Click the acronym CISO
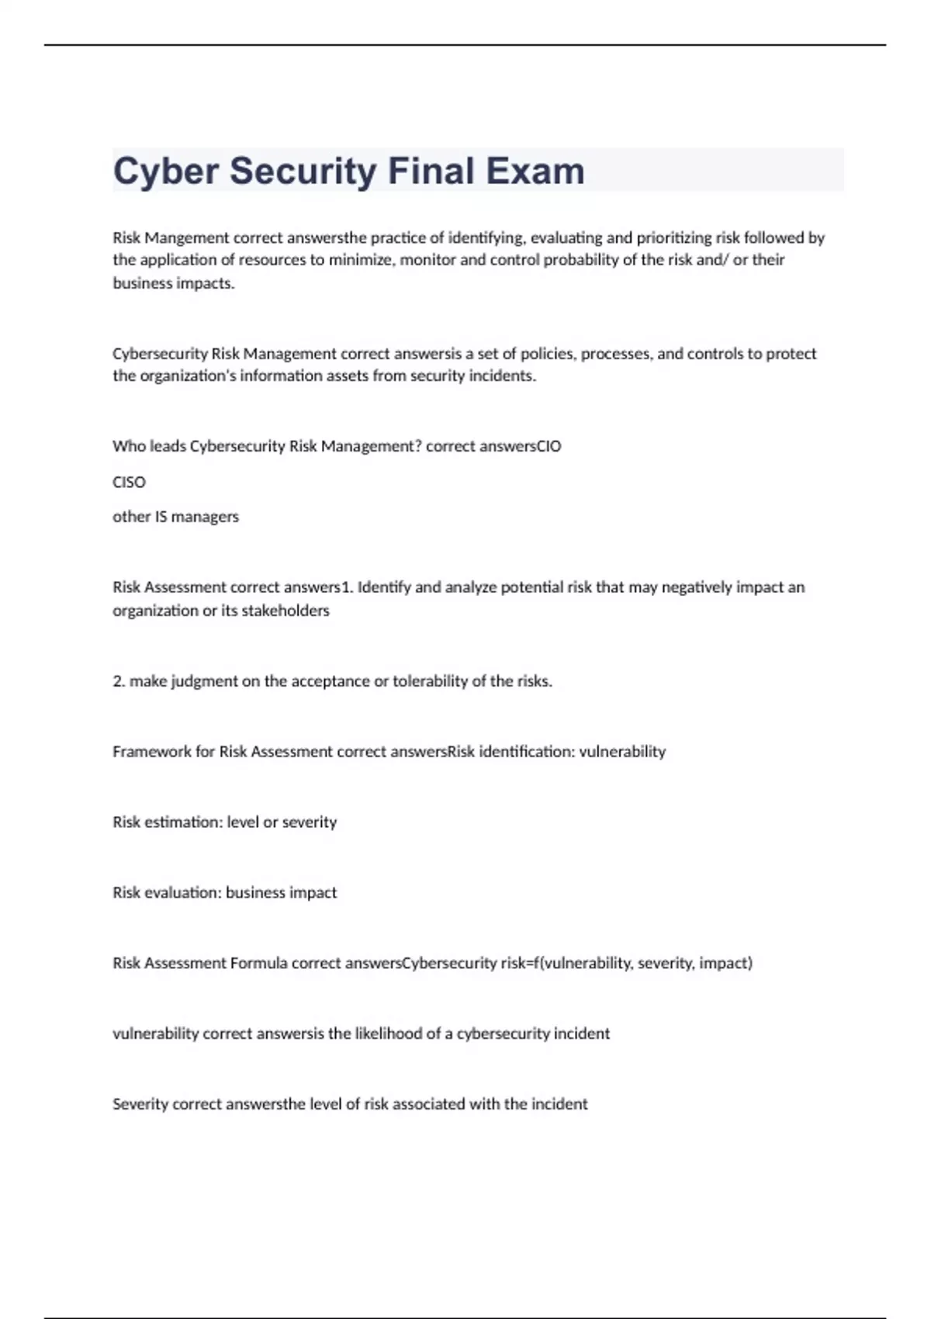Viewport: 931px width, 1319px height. pos(129,483)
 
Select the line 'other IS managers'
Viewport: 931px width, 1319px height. pos(175,517)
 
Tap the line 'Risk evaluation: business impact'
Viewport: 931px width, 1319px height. pos(224,893)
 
